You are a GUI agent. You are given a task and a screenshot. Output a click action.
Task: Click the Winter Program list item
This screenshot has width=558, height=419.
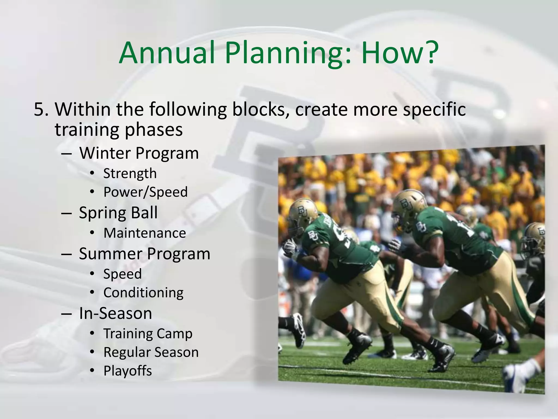click(139, 153)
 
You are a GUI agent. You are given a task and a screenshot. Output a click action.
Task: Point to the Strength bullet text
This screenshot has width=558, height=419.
click(130, 174)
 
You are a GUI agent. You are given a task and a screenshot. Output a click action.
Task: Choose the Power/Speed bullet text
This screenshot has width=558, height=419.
click(145, 192)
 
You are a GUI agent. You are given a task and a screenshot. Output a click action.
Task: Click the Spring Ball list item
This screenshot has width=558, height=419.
click(118, 213)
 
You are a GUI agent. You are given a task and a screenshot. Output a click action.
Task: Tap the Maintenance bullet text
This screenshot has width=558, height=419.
click(145, 233)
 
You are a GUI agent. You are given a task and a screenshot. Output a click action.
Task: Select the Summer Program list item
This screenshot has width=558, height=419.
click(145, 254)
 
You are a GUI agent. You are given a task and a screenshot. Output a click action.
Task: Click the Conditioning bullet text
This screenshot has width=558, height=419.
click(143, 293)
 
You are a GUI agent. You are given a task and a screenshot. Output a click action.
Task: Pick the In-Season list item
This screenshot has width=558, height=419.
click(116, 313)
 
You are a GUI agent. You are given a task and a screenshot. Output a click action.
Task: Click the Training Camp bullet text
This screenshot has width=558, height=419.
click(148, 334)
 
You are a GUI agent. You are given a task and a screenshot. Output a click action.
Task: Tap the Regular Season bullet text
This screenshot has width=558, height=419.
click(151, 352)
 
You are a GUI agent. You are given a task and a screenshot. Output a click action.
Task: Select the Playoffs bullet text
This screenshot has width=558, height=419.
click(128, 371)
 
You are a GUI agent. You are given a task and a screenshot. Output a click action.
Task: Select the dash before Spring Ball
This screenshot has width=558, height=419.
click(66, 213)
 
